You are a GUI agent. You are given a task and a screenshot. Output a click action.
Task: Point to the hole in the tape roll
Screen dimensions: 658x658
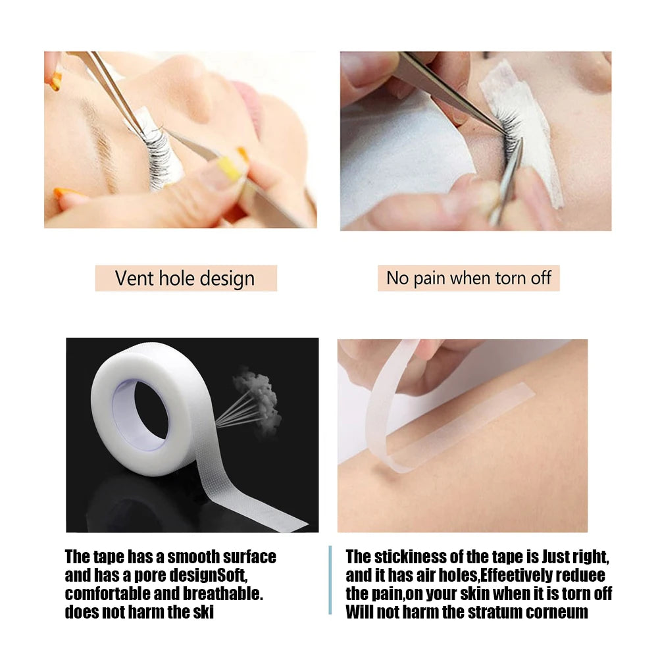(141, 415)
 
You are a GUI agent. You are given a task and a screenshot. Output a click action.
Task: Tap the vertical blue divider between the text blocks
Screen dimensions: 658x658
(330, 580)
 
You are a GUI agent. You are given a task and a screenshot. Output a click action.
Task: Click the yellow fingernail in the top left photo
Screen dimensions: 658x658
(229, 168)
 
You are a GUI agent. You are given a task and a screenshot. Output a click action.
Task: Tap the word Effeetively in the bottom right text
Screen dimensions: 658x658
(517, 575)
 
